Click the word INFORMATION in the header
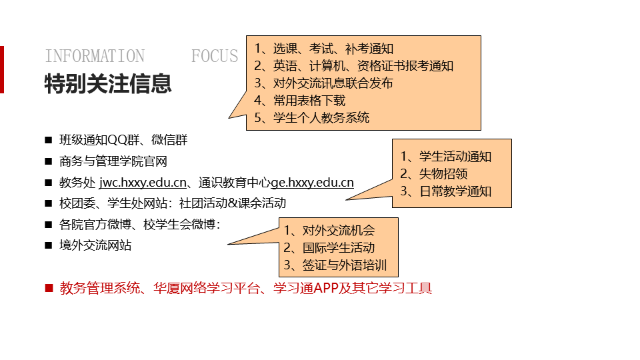coord(95,56)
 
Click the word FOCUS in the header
coord(215,56)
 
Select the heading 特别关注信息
coord(108,83)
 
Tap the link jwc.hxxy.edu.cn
coord(143,183)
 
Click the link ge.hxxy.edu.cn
coord(312,183)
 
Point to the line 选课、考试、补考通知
coord(324,48)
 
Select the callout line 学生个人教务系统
coord(312,117)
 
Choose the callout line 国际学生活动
coord(329,247)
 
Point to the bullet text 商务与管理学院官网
coord(113,161)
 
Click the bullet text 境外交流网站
coord(95,245)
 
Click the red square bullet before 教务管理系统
coord(49,288)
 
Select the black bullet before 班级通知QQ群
coord(49,140)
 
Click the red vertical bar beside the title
coord(1,69)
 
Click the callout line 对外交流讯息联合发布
coord(324,83)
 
